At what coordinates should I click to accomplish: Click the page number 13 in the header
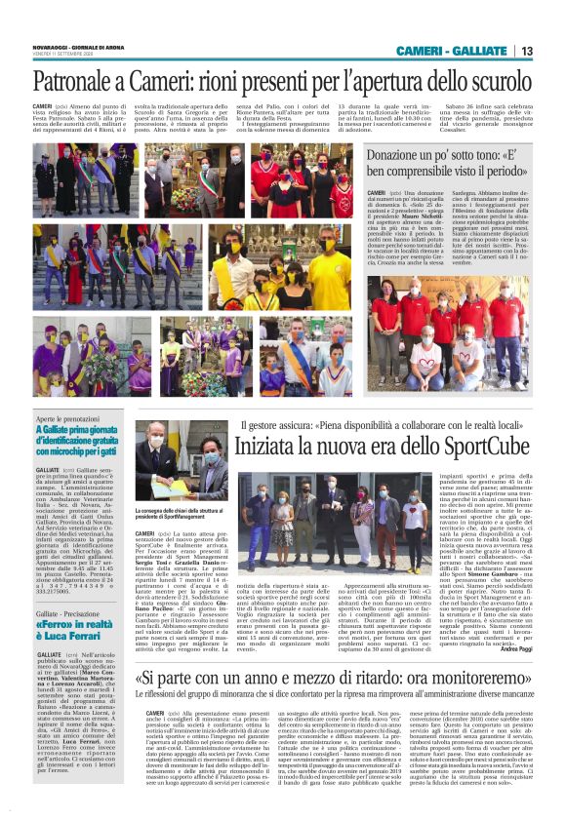(x=526, y=51)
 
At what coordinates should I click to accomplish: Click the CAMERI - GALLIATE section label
(x=452, y=51)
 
